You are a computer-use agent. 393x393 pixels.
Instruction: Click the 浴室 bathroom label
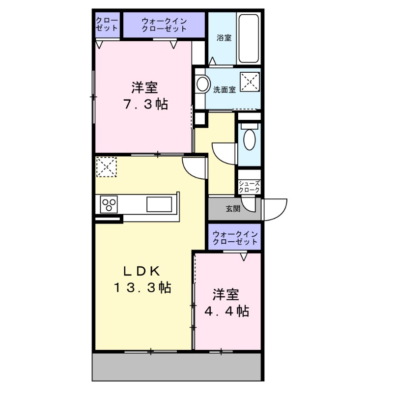point(224,38)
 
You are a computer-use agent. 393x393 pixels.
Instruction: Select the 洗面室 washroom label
point(225,90)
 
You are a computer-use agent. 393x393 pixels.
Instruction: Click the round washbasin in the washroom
point(201,84)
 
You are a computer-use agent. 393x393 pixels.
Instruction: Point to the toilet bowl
point(250,140)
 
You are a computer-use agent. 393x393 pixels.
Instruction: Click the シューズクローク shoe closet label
point(249,187)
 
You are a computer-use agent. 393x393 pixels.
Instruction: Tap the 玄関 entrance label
point(233,208)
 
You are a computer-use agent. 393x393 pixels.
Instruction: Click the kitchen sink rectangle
point(159,203)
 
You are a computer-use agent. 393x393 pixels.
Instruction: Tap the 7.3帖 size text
point(144,104)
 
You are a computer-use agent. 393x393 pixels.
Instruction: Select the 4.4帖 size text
point(226,311)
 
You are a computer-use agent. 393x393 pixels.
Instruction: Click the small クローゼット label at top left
point(107,24)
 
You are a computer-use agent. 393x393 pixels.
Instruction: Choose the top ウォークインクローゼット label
point(164,25)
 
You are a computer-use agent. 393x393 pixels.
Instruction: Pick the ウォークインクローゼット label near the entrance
point(235,238)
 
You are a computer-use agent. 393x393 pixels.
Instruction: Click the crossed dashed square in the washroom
point(249,81)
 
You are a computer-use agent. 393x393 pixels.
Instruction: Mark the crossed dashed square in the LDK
point(106,167)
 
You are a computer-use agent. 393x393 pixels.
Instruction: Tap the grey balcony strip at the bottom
point(177,366)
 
